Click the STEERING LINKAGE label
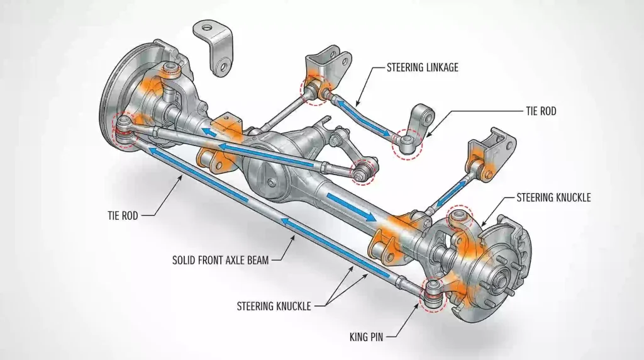point(422,67)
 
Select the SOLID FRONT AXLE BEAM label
point(220,259)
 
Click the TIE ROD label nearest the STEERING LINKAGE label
point(540,111)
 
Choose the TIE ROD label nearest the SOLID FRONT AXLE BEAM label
point(122,215)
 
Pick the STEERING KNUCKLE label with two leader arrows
point(274,307)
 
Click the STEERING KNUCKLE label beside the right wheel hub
point(553,198)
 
